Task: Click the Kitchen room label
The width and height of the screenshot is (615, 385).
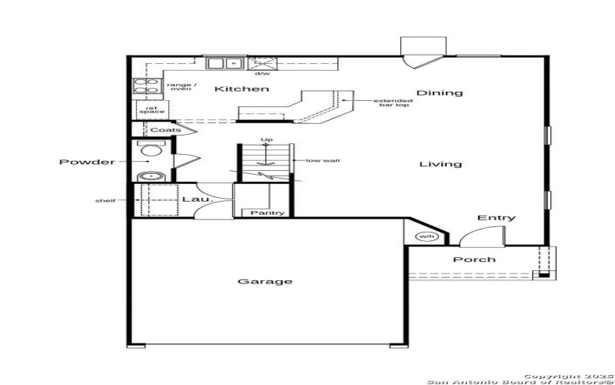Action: point(241,89)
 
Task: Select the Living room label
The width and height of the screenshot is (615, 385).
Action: point(440,164)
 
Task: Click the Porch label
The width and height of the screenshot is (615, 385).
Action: point(474,259)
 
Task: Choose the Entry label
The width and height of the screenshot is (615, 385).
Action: point(496,218)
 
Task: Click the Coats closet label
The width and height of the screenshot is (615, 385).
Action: point(165,130)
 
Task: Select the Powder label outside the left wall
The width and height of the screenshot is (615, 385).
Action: point(87,162)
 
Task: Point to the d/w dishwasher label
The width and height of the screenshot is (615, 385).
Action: point(262,74)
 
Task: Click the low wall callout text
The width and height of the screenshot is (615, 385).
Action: point(322,161)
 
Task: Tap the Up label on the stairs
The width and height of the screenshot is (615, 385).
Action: point(267,140)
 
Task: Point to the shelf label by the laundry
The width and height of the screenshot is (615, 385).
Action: point(105,201)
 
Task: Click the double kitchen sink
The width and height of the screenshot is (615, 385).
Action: point(224,63)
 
